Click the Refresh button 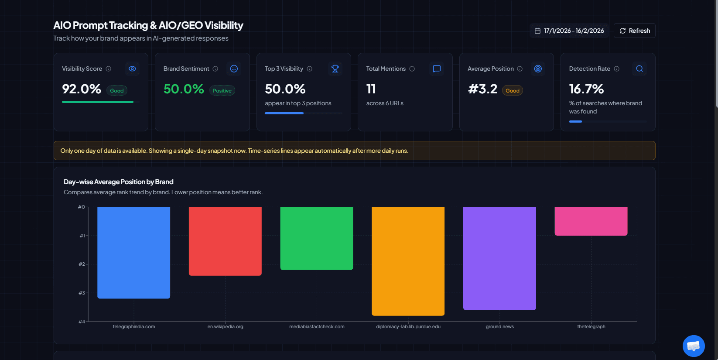coord(634,31)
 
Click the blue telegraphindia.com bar coord(133,253)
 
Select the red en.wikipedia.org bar coord(225,241)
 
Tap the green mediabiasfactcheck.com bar coord(316,238)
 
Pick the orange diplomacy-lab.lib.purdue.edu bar coord(408,261)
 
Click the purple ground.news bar coord(499,258)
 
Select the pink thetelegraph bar coord(591,221)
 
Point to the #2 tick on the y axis coord(82,264)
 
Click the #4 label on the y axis coord(82,322)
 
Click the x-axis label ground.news coord(499,326)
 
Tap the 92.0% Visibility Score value coord(82,89)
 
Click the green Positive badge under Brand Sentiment coord(222,91)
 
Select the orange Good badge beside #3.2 coord(512,91)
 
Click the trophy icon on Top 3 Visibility coord(335,69)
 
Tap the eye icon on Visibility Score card coord(132,69)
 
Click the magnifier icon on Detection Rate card coord(639,69)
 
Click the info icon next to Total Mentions coord(412,69)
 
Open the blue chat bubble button coord(693,346)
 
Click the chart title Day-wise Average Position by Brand coord(118,182)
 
